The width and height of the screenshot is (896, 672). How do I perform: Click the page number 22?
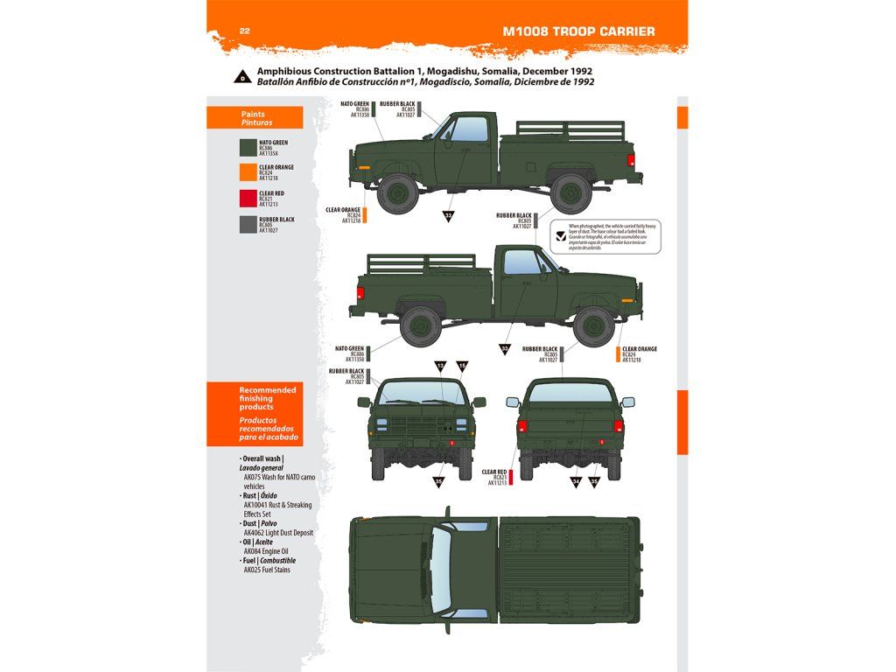tap(245, 31)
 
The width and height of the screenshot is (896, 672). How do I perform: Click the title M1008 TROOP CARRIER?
tap(578, 31)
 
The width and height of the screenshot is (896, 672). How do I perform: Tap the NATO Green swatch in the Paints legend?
tap(248, 148)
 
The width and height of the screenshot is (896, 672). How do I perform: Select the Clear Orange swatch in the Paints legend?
tap(248, 173)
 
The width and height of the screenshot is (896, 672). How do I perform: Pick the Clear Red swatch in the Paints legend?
tap(248, 199)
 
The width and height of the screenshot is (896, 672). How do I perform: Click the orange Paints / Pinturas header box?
tap(255, 118)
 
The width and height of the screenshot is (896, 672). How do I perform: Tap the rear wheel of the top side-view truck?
tap(570, 192)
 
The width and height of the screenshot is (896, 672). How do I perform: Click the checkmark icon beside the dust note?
tap(560, 234)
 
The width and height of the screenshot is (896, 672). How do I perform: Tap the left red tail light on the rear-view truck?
tap(521, 427)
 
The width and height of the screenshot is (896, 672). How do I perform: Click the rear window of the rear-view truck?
tap(570, 391)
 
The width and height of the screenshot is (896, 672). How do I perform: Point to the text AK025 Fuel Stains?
tap(267, 570)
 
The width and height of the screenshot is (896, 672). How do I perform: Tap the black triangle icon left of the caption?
tap(241, 76)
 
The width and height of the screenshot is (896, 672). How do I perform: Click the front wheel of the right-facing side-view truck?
tap(592, 325)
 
